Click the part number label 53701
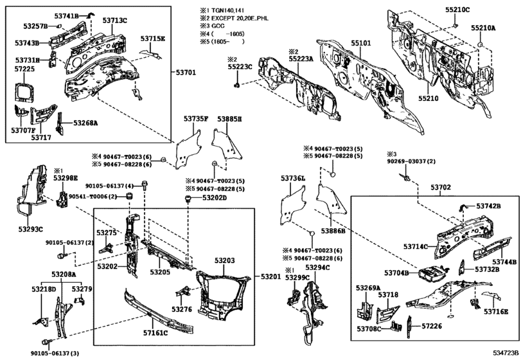coord(186,73)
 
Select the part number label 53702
coord(440,187)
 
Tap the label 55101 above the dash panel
coord(360,44)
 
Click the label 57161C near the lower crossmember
coord(155,332)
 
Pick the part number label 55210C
coord(458,10)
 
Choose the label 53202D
coord(215,198)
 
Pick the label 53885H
coord(229,119)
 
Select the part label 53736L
coord(293,178)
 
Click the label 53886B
coord(333,230)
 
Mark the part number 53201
coord(270,276)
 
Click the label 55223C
coord(240,66)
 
